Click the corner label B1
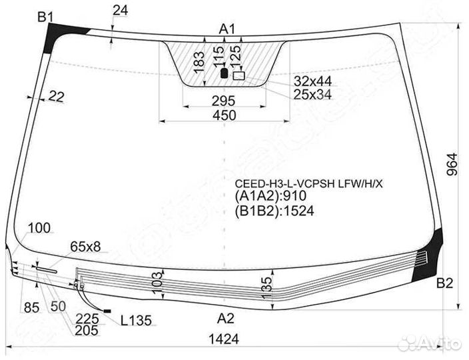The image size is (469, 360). pos(45,17)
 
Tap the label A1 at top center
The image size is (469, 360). pos(228,29)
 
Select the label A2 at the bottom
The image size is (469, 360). pos(227,317)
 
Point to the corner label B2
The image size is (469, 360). pos(444,283)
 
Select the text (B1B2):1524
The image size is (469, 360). pos(273,211)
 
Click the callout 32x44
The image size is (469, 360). pos(313,81)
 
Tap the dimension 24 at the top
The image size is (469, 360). pos(120,10)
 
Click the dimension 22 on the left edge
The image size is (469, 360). pos(56,97)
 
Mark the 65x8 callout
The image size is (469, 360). pos(85,247)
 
